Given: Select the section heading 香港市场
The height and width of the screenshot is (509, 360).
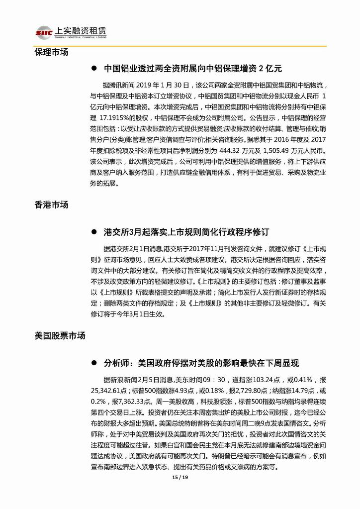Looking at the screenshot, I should pyautogui.click(x=51, y=205).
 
